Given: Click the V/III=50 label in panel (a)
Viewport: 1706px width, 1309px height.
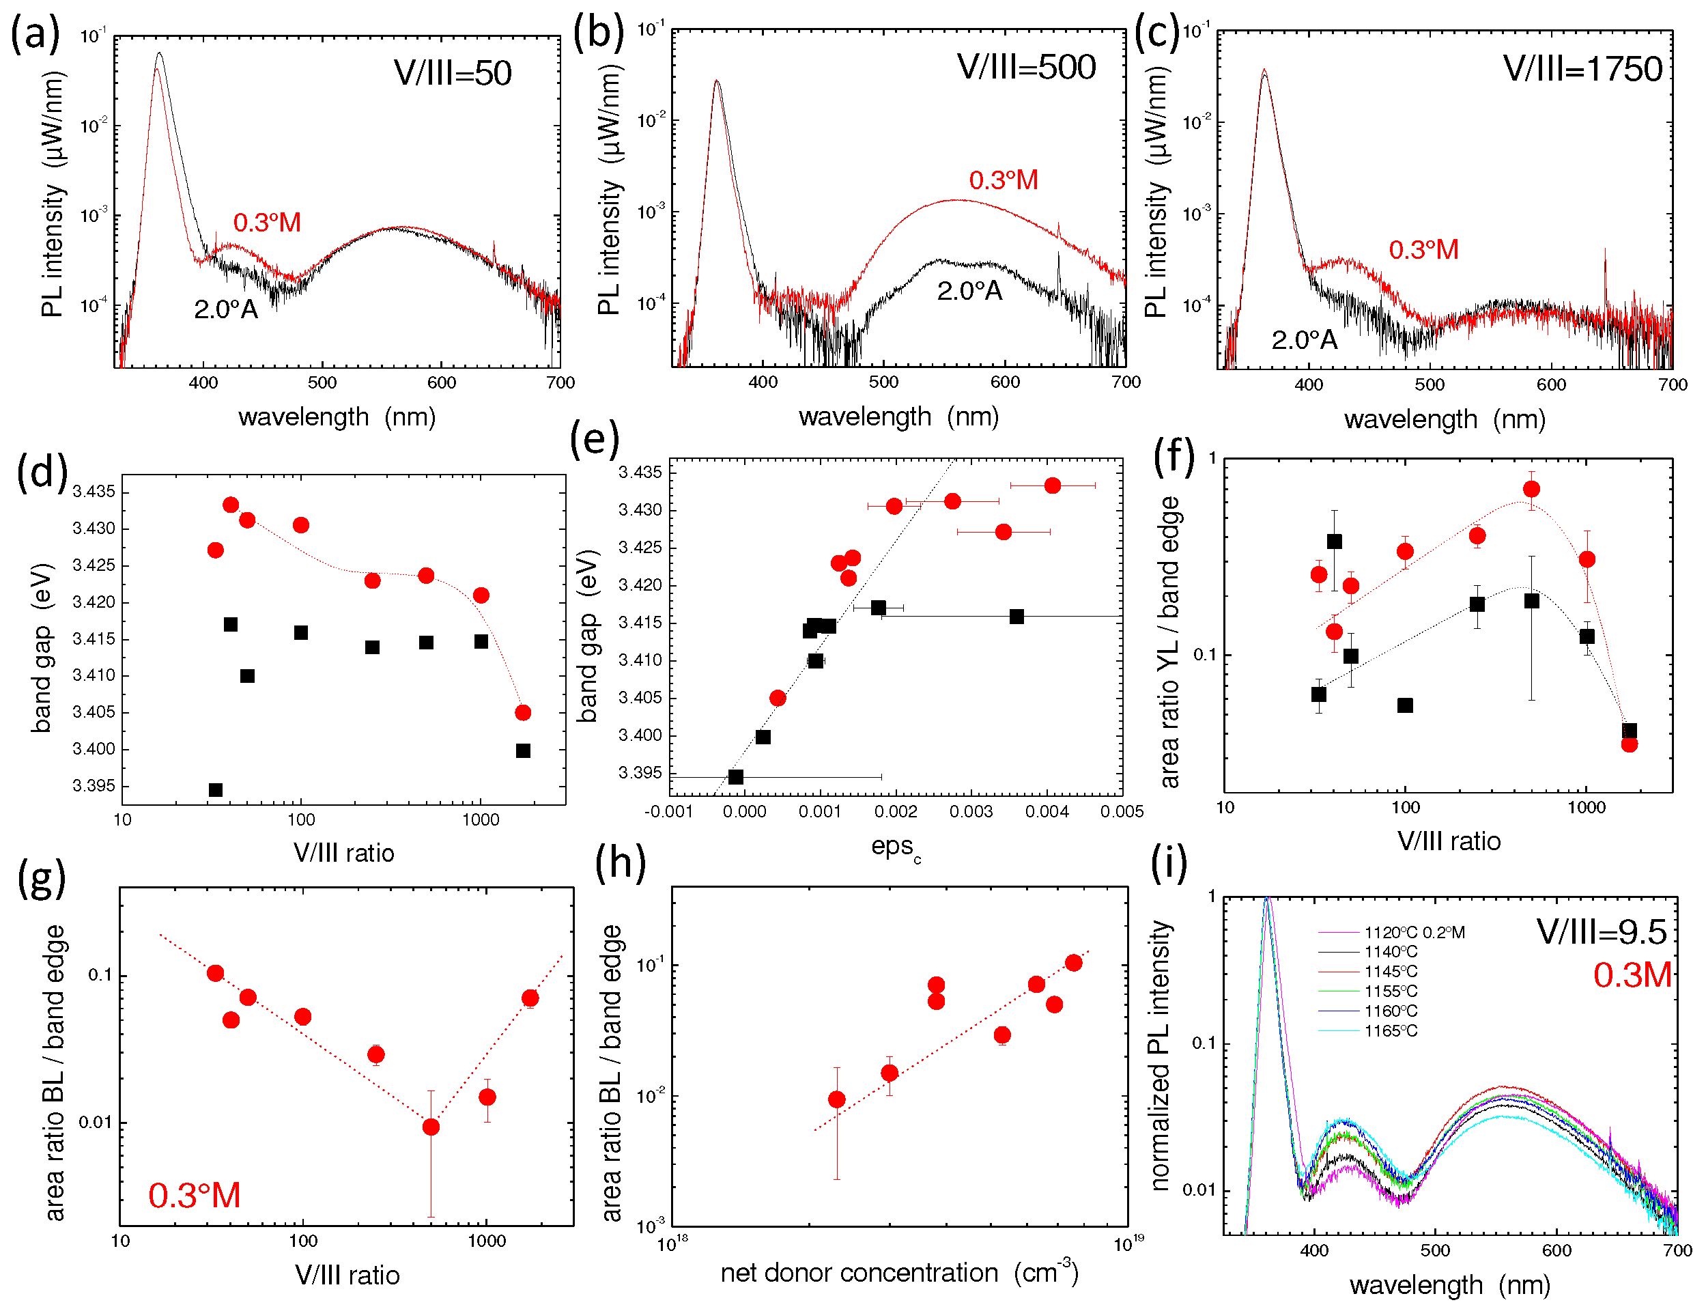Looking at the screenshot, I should point(453,73).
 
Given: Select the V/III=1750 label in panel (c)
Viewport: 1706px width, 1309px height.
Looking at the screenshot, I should point(1582,70).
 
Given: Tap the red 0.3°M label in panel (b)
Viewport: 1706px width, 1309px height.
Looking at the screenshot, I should point(1004,180).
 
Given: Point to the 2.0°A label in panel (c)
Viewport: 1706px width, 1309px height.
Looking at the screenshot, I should point(1304,340).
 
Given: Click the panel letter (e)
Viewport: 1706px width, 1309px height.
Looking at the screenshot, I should point(595,440).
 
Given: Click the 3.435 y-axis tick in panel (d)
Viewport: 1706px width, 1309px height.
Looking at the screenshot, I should point(94,492).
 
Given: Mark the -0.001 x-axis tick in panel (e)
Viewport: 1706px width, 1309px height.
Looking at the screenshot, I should point(668,812).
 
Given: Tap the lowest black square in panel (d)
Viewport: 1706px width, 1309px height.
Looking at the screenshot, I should point(216,790).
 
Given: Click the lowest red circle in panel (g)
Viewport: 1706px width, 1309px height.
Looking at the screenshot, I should point(431,1127).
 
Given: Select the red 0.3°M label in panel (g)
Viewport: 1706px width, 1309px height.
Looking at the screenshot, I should point(194,1196).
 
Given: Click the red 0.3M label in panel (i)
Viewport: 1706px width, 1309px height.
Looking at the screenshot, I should point(1632,974).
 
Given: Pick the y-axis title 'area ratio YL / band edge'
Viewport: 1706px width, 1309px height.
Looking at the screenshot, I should point(1169,642).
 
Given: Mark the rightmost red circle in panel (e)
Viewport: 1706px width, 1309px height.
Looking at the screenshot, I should point(1053,485).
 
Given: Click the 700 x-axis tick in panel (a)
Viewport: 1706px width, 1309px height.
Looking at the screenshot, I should point(560,382).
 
